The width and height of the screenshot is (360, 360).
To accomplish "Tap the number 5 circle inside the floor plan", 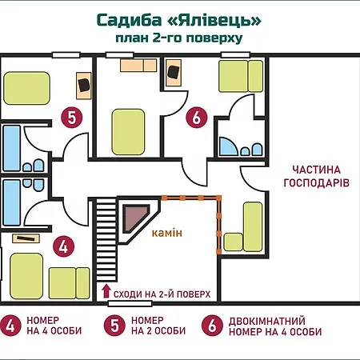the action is coord(72,118).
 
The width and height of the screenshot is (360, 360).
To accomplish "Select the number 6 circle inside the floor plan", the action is coord(197,118).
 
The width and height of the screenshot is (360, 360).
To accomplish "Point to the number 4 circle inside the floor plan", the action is coord(63,246).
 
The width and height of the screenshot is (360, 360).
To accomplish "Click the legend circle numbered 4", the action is coord(10,326).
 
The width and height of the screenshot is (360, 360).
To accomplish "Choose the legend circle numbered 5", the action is coord(114,326).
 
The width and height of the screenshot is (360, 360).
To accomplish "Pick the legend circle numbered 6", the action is coord(212,326).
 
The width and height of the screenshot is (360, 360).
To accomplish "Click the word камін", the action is coord(167,233).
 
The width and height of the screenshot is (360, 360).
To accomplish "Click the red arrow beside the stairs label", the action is coord(106,291).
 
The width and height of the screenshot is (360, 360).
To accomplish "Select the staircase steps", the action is coord(106,239).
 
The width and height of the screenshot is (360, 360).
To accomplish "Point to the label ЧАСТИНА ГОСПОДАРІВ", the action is coord(316,177).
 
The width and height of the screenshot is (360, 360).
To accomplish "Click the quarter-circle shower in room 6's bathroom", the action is coord(228,146).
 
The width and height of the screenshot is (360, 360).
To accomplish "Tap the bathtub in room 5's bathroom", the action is coord(11,148).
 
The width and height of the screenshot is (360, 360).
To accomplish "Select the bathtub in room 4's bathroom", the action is coord(11,202).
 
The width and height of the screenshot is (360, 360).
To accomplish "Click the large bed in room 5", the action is coord(26,88).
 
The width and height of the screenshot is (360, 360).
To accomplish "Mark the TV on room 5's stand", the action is coord(83,85).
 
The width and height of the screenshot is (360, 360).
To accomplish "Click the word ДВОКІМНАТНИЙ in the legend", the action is coord(267,321).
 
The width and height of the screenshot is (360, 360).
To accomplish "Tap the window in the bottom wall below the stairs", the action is coord(130,303).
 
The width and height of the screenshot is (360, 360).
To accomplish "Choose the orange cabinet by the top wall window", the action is coord(138,66).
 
